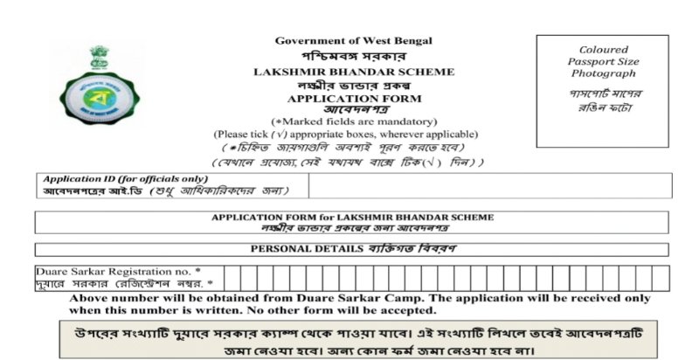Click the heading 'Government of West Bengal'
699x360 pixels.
353,40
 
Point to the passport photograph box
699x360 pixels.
603,91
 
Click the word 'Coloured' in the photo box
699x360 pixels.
603,50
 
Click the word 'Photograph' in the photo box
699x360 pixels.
603,74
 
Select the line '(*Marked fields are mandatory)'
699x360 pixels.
353,121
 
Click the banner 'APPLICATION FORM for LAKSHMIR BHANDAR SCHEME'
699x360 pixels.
353,216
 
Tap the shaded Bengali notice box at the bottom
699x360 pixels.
353,340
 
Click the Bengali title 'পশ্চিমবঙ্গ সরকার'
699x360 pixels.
353,55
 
